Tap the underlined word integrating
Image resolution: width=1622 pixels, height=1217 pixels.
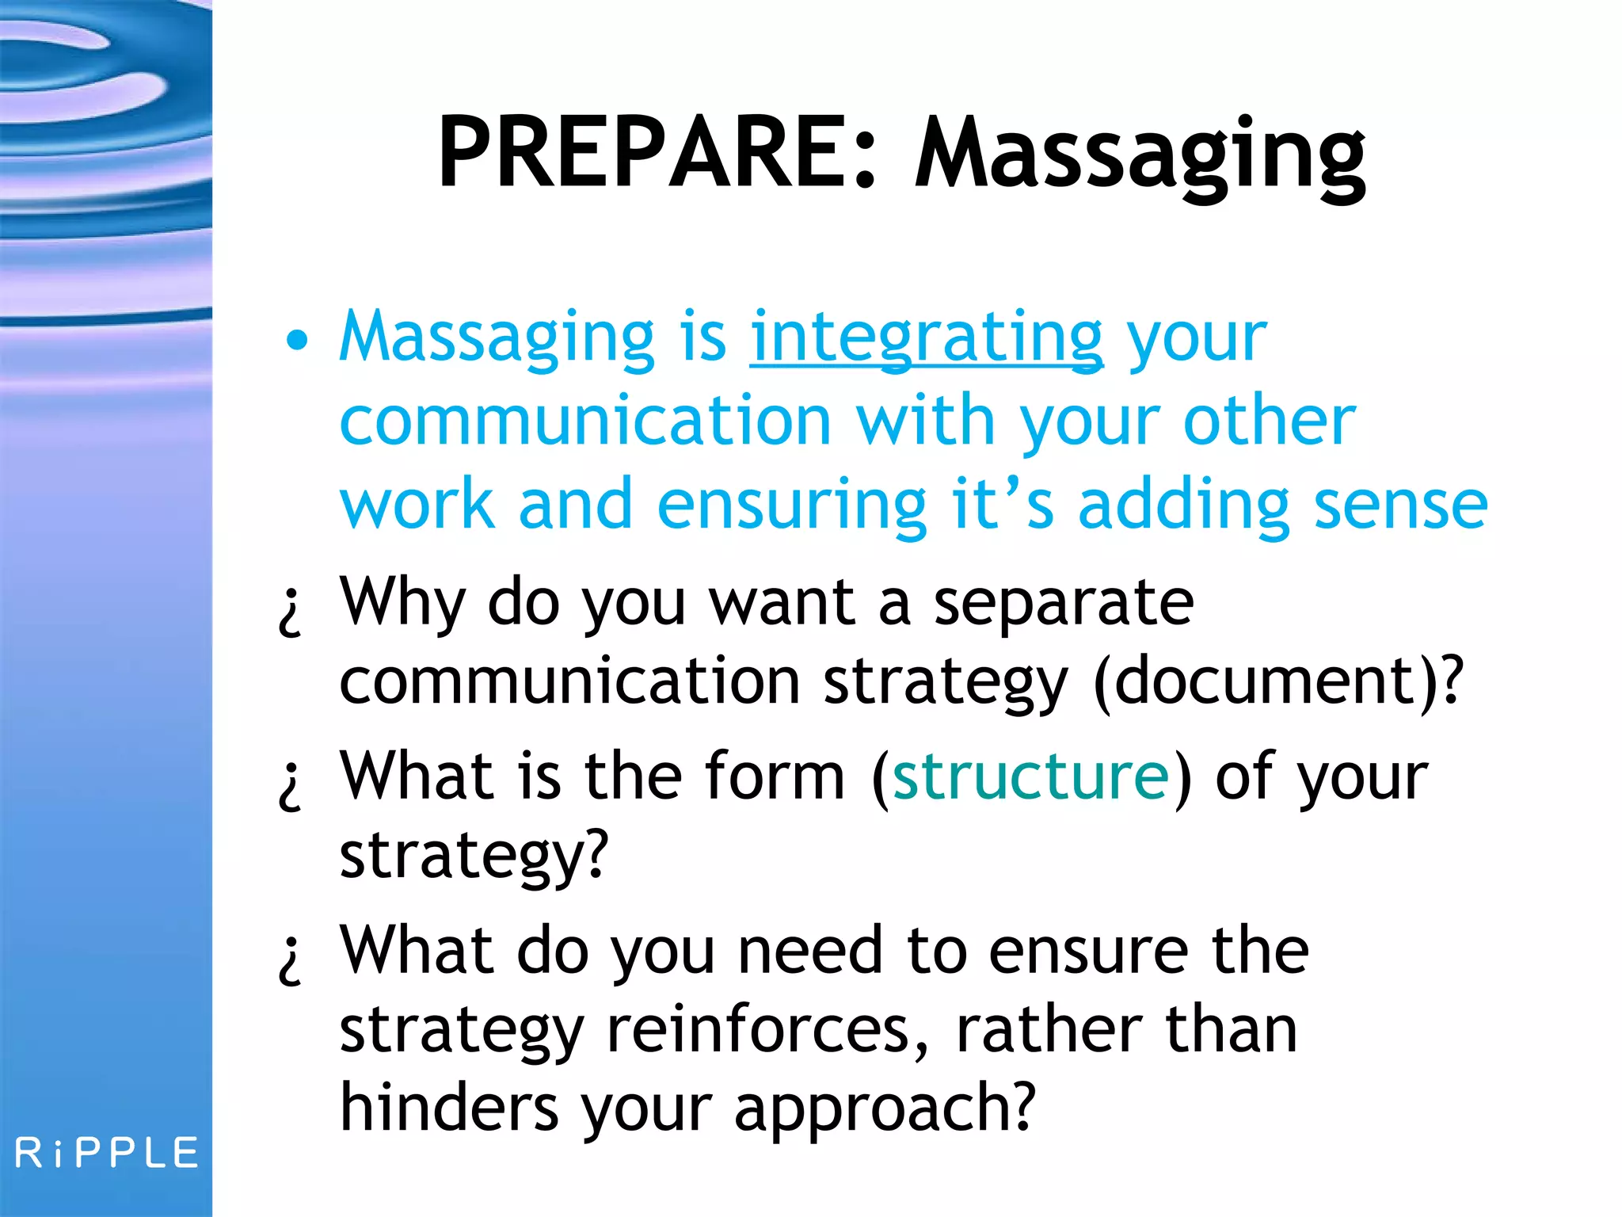926,339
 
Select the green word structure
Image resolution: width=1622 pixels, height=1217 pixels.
1030,776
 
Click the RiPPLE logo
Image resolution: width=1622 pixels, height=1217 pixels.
107,1153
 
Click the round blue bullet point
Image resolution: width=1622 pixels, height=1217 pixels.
296,341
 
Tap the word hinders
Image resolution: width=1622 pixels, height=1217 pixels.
448,1108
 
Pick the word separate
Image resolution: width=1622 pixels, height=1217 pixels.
1063,602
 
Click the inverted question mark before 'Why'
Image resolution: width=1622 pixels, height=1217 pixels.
291,612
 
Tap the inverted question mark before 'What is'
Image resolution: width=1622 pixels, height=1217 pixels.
291,786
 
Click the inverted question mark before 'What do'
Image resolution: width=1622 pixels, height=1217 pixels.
291,960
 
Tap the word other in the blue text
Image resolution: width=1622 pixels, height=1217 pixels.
1269,422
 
